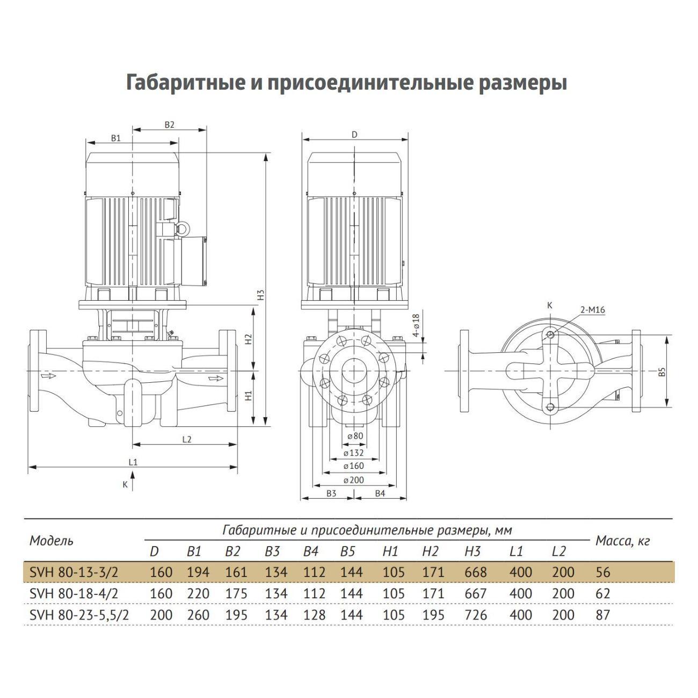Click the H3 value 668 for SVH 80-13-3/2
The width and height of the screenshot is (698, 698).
476,572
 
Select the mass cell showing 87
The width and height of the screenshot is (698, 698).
603,615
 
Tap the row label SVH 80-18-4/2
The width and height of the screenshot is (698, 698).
74,594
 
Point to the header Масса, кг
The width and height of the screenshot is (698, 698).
622,541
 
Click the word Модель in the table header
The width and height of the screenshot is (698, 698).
52,541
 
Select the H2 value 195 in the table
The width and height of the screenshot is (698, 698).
433,615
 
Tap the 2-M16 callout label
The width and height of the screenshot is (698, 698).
592,310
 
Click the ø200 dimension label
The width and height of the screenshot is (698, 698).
353,480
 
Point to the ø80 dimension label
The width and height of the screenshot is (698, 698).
355,436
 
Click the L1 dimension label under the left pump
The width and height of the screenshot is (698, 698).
133,462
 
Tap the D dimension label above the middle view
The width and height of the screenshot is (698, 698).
354,134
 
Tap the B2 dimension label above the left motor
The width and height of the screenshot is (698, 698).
169,125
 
